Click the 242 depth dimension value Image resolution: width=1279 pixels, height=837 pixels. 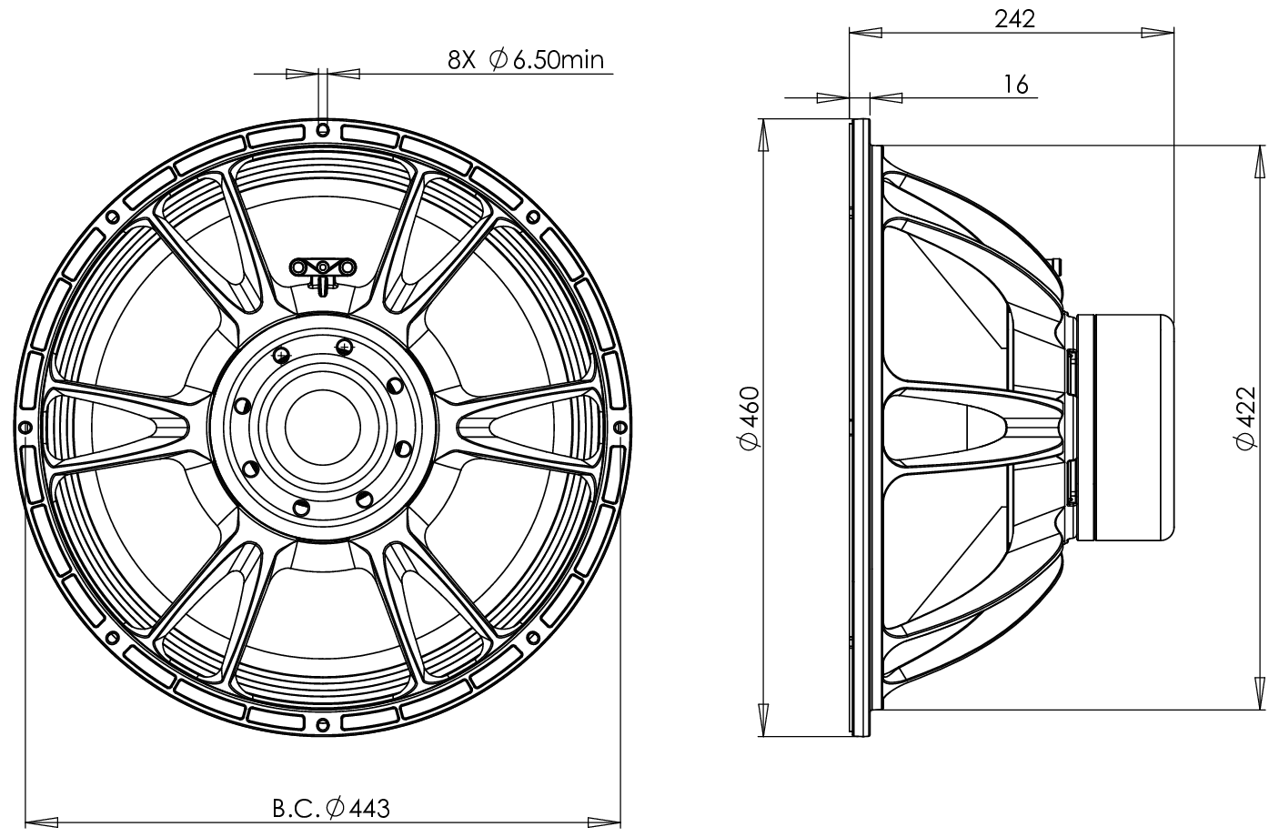click(1015, 17)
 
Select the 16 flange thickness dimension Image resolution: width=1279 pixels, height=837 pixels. click(1016, 85)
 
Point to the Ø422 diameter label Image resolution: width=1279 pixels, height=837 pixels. click(1245, 417)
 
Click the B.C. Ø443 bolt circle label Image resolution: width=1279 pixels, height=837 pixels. click(331, 807)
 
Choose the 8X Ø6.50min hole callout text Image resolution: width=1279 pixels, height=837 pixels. click(526, 60)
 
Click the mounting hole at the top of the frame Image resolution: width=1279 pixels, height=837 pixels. click(322, 130)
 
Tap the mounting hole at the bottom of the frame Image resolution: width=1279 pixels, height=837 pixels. click(322, 723)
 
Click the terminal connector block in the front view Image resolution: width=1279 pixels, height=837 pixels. click(322, 267)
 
